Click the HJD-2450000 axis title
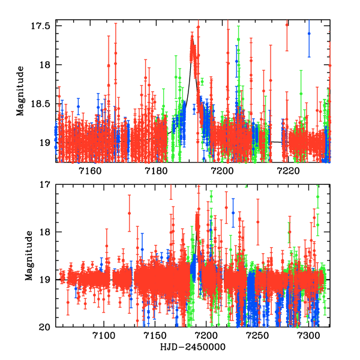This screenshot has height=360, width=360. click(x=193, y=347)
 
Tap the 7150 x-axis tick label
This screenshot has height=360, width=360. click(x=155, y=337)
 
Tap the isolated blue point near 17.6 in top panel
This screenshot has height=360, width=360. click(x=309, y=34)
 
